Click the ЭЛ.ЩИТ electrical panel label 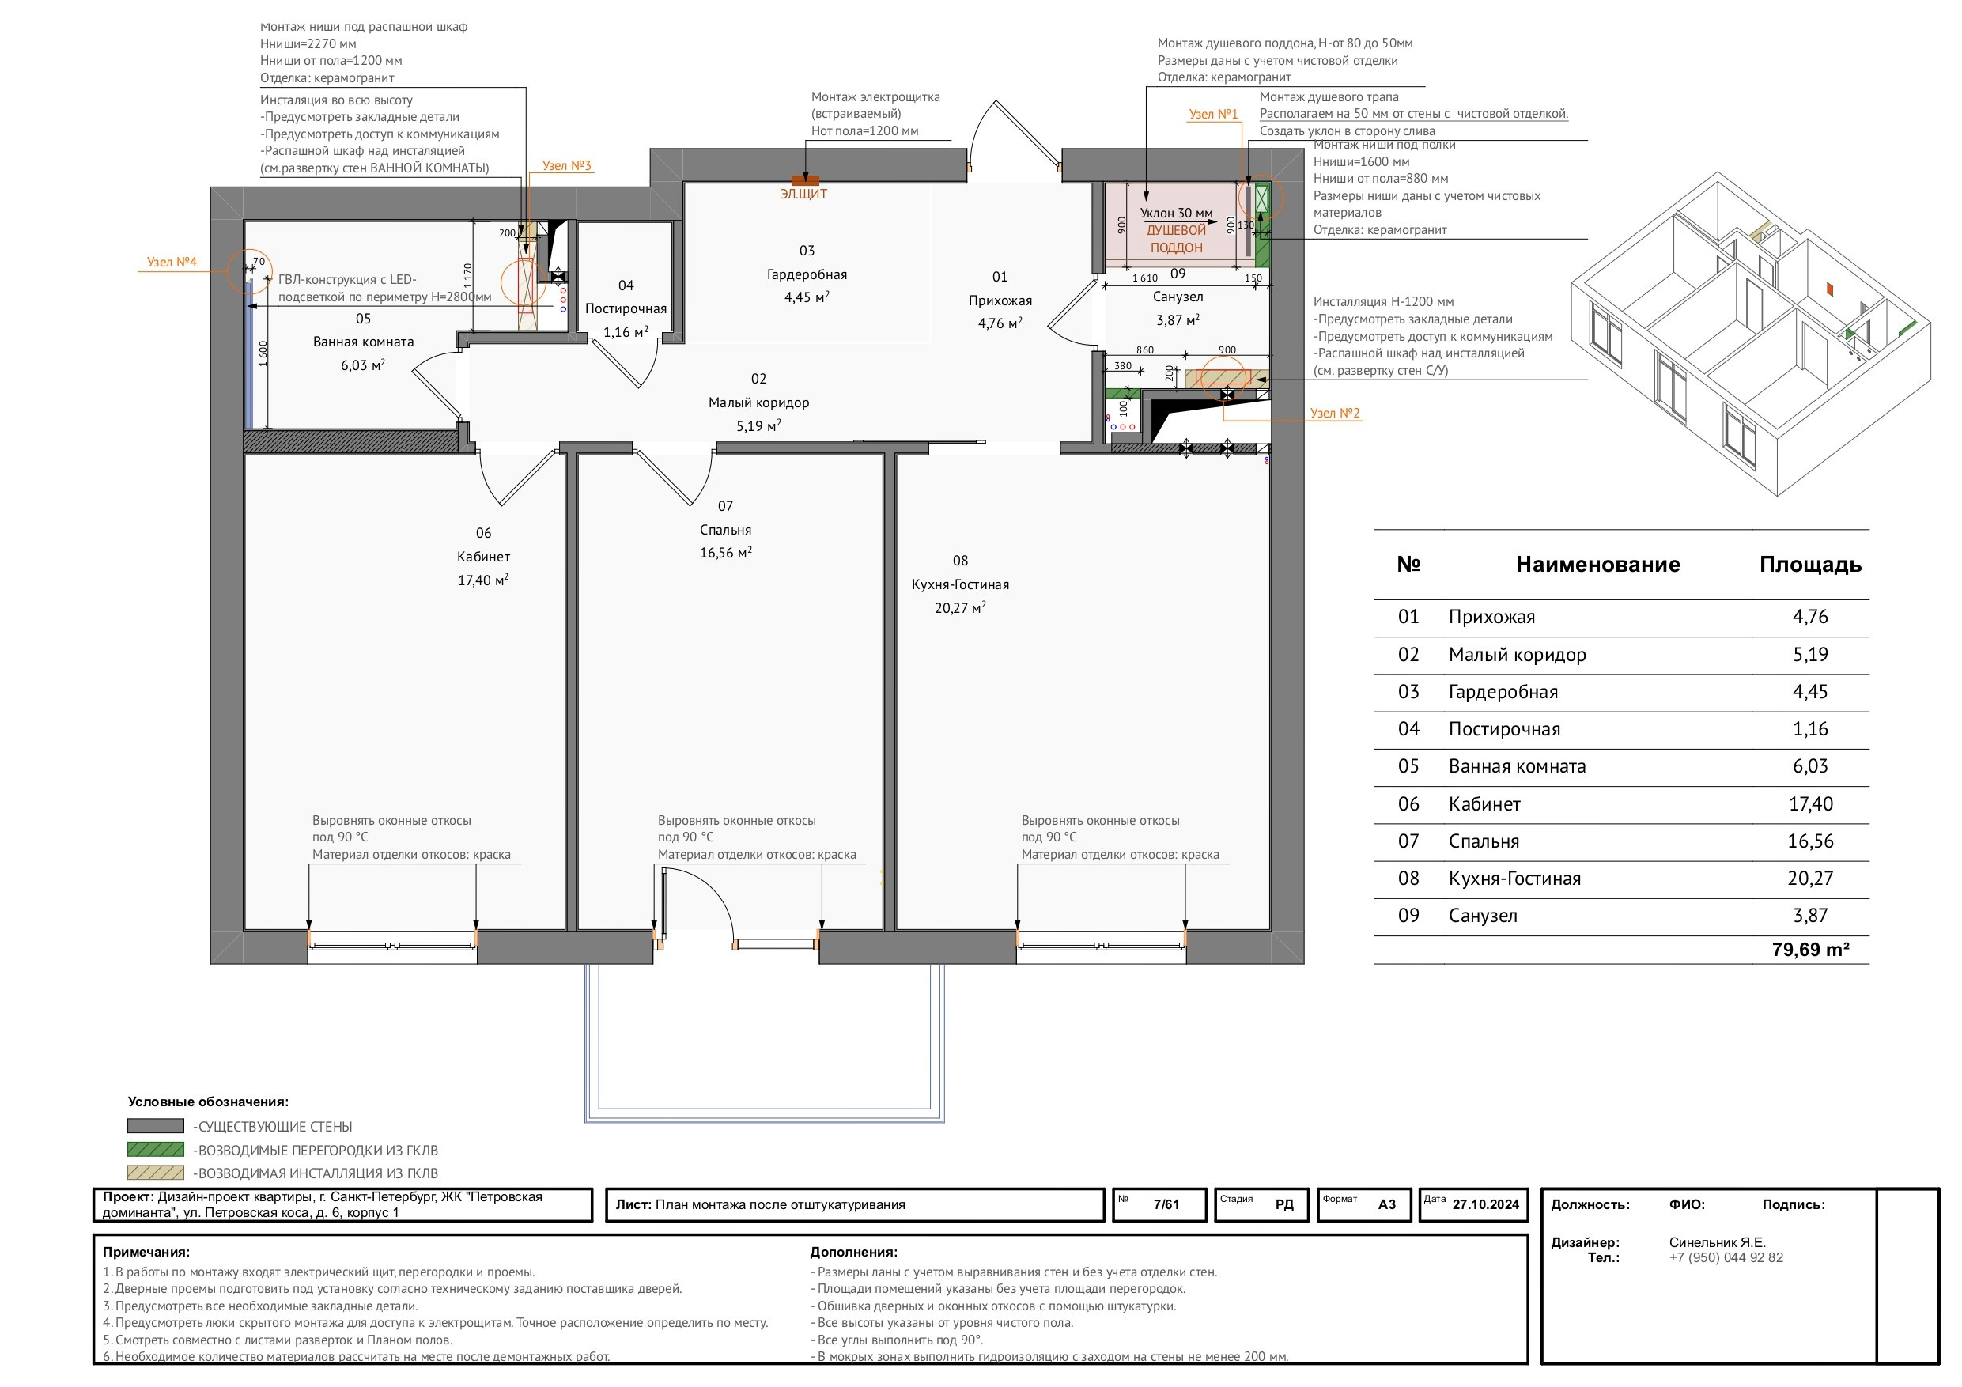pyautogui.click(x=803, y=194)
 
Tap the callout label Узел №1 pyautogui.click(x=1213, y=114)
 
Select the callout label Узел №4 pyautogui.click(x=172, y=262)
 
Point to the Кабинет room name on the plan pyautogui.click(x=484, y=557)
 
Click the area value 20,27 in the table pyautogui.click(x=1810, y=879)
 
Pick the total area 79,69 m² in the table pyautogui.click(x=1811, y=950)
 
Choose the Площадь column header pyautogui.click(x=1810, y=564)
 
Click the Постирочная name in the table pyautogui.click(x=1504, y=729)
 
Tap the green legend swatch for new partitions pyautogui.click(x=156, y=1150)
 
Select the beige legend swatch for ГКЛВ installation pyautogui.click(x=156, y=1173)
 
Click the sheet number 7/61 pyautogui.click(x=1166, y=1205)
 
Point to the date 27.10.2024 pyautogui.click(x=1486, y=1205)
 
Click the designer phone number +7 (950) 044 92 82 pyautogui.click(x=1726, y=1258)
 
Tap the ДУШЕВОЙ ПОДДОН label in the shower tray pyautogui.click(x=1177, y=240)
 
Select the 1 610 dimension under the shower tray pyautogui.click(x=1145, y=278)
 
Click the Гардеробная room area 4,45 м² pyautogui.click(x=807, y=297)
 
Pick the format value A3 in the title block pyautogui.click(x=1387, y=1205)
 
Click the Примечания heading pyautogui.click(x=146, y=1252)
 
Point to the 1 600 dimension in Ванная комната pyautogui.click(x=263, y=353)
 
